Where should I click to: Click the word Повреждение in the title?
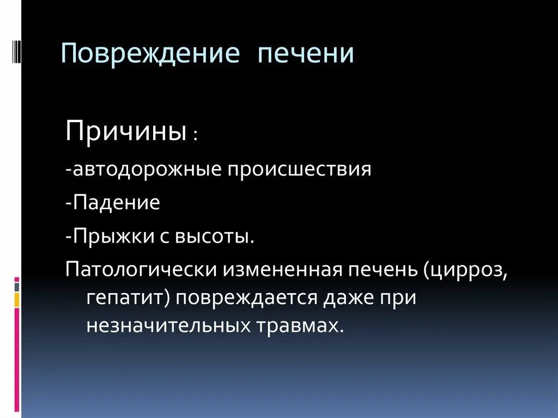150,55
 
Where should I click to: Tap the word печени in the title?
306,55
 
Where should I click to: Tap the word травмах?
305,325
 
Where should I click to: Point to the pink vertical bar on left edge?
17,360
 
